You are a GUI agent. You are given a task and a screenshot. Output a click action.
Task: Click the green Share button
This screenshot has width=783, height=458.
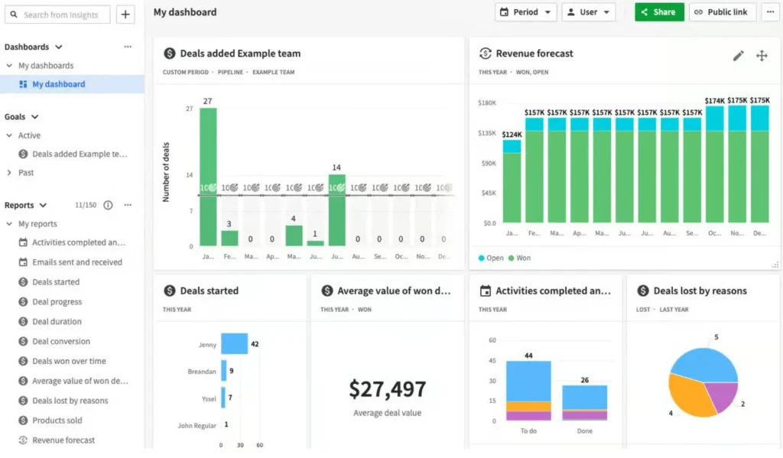pos(658,12)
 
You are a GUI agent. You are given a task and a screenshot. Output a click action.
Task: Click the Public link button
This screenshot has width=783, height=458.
pos(723,12)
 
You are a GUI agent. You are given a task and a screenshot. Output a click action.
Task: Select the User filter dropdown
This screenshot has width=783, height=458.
pos(589,12)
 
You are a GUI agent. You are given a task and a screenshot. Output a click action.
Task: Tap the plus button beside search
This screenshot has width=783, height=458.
pos(126,15)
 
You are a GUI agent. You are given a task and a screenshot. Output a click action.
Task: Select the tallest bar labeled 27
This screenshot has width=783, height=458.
pos(208,176)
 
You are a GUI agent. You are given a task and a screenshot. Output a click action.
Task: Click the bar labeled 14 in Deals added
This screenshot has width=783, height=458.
pos(336,210)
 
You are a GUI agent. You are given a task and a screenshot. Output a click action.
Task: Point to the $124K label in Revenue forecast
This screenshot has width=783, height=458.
pos(512,135)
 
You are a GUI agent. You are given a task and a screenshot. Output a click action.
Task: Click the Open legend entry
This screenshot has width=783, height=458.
pos(491,258)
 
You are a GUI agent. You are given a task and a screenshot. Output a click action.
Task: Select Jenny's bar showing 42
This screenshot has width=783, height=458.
pos(234,344)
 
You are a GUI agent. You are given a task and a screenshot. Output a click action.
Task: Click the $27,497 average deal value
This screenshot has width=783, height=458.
pos(387,389)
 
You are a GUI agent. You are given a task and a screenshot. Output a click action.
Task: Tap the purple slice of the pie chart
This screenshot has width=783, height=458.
pos(720,396)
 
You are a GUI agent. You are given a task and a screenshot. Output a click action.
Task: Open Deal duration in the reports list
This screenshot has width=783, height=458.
pos(57,322)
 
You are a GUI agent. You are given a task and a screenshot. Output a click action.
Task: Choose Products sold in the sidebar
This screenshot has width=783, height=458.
pos(57,421)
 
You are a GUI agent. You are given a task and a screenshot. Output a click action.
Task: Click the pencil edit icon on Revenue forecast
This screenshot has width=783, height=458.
pos(738,55)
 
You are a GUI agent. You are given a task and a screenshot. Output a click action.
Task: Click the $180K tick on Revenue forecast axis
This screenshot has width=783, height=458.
pos(486,102)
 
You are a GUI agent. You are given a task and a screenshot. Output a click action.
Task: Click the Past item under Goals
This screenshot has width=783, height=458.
pos(26,173)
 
